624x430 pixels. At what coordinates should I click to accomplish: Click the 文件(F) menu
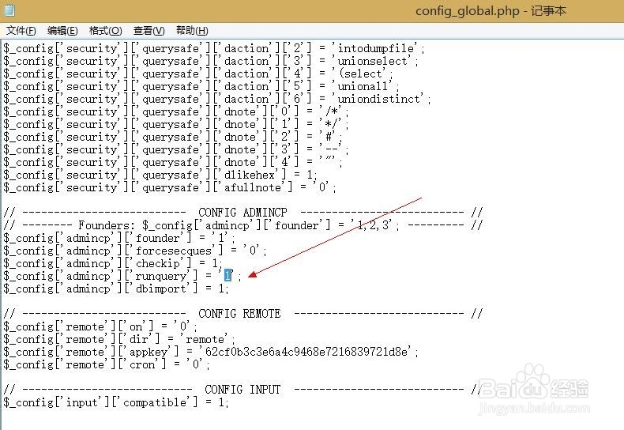21,31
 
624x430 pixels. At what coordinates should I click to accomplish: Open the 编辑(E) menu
62,31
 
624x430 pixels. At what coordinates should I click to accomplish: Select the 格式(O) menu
106,31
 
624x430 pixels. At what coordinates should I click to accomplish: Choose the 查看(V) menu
148,31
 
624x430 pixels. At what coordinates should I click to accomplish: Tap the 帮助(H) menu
192,31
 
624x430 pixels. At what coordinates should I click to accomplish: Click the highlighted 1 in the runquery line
227,275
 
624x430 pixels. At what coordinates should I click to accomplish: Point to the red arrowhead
253,274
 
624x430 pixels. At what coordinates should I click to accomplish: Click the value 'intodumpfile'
375,48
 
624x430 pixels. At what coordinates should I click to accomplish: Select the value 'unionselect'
372,61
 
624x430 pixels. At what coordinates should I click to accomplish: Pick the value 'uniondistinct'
378,99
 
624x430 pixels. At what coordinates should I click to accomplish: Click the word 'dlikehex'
249,175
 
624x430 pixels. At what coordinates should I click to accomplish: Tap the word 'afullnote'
253,187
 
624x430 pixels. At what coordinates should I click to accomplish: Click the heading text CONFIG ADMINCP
242,212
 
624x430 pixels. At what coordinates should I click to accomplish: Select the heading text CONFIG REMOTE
239,313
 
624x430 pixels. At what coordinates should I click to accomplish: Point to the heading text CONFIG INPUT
242,389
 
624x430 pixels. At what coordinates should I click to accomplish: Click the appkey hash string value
306,352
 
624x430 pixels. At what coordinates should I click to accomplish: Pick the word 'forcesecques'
174,251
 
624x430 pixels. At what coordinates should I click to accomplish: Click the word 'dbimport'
161,289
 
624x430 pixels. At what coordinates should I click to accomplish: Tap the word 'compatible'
154,402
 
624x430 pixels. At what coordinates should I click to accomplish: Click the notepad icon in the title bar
9,10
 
